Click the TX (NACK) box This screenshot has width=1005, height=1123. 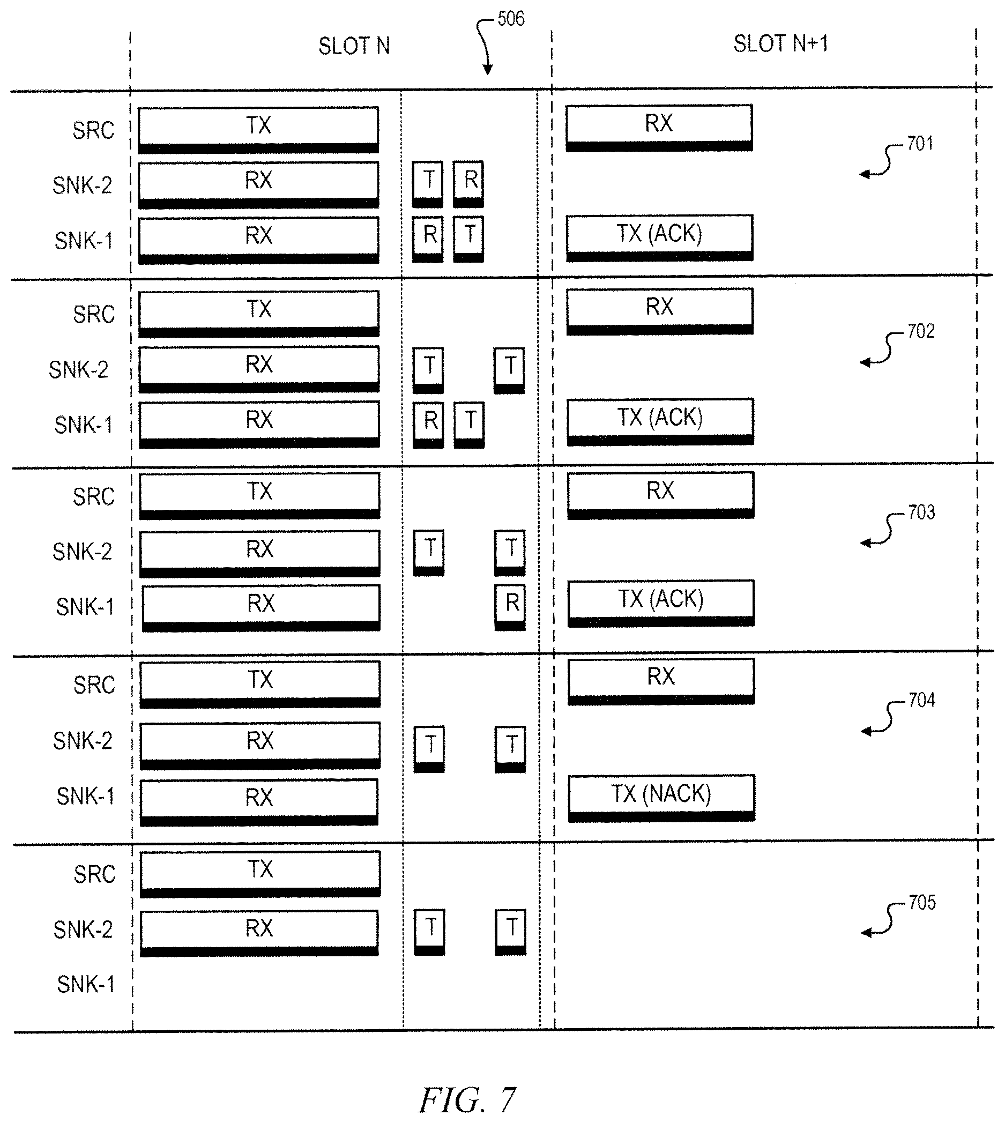661,798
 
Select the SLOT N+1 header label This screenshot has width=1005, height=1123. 781,43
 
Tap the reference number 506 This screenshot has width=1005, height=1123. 511,19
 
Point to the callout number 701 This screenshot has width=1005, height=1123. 920,144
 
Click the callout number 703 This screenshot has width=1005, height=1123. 921,512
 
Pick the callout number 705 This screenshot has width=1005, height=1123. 922,903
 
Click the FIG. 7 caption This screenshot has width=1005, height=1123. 467,1100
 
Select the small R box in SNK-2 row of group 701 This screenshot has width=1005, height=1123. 468,184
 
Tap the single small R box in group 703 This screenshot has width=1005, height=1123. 510,607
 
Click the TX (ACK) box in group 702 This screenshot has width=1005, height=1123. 660,422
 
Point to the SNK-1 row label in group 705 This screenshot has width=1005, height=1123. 86,984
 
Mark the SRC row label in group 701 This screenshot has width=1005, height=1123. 93,131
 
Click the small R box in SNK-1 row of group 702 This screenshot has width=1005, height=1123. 428,425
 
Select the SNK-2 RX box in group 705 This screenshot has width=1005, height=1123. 259,933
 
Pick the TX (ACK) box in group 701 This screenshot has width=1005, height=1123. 660,238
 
